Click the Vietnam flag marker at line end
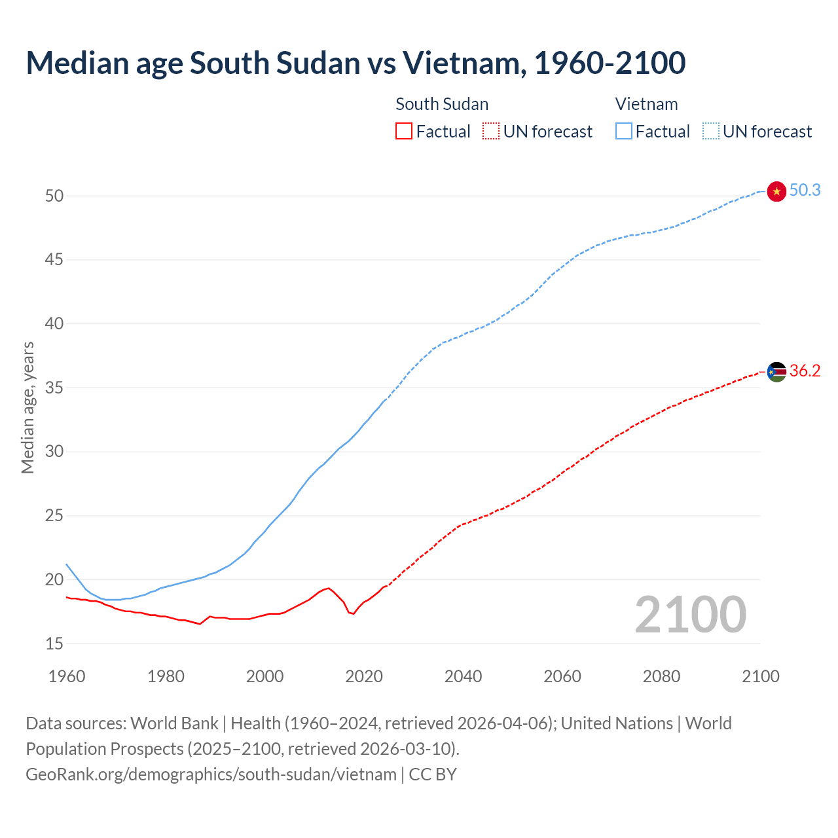(776, 191)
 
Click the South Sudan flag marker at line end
(776, 372)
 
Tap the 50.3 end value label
(805, 190)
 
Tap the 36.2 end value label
(805, 371)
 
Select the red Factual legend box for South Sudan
(404, 131)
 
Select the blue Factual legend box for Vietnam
(623, 131)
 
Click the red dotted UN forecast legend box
(491, 131)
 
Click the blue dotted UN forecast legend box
(710, 131)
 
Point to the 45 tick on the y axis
(54, 260)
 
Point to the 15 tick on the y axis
(54, 644)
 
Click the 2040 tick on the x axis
(463, 676)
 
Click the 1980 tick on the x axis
(166, 676)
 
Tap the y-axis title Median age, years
(27, 407)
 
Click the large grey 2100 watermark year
(691, 614)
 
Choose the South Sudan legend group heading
(442, 104)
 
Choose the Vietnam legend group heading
(646, 104)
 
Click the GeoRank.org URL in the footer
(211, 774)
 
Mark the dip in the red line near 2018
(353, 613)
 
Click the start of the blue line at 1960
(67, 564)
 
